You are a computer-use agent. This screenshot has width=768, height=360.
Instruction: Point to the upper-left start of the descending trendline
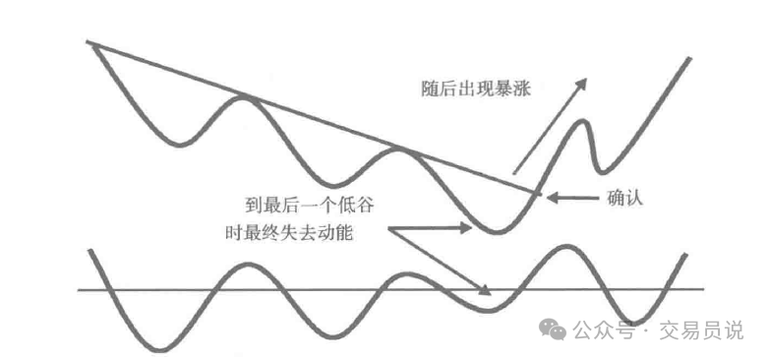(89, 42)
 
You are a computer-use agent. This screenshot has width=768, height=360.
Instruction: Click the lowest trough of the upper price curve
(497, 233)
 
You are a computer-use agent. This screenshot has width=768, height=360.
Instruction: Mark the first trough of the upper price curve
(179, 147)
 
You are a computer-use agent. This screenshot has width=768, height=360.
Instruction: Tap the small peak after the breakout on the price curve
(587, 121)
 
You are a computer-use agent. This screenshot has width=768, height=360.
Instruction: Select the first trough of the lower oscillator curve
(157, 349)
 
